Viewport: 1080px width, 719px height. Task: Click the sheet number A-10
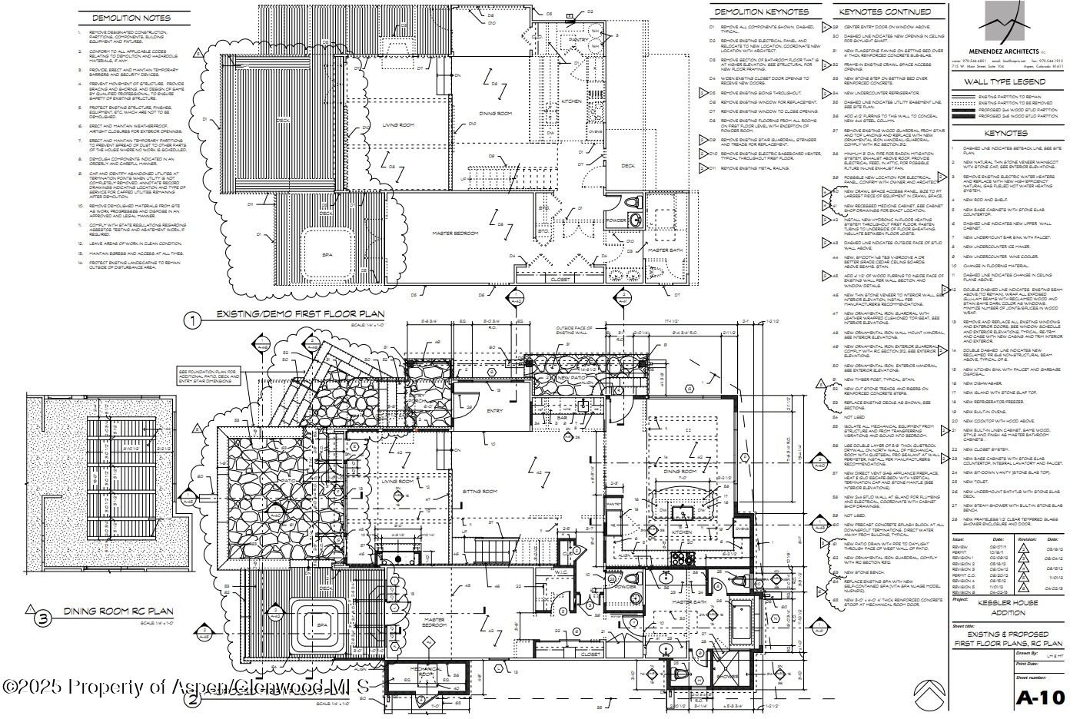pos(1041,697)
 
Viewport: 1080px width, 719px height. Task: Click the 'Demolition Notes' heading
pos(131,18)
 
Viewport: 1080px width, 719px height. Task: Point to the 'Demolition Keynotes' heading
pos(761,12)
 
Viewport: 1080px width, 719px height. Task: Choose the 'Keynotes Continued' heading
pos(884,12)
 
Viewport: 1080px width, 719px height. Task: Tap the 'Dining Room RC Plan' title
pos(101,611)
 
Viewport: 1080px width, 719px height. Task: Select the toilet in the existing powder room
pos(633,203)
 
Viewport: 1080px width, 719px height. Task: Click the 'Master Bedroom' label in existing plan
pos(456,233)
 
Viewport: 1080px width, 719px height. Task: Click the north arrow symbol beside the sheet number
pos(929,694)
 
